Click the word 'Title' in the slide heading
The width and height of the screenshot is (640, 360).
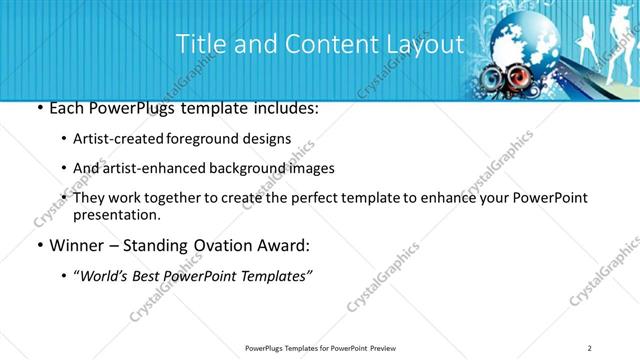200,44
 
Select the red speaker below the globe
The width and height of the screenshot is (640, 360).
517,77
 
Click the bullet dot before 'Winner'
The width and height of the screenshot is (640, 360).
38,245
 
